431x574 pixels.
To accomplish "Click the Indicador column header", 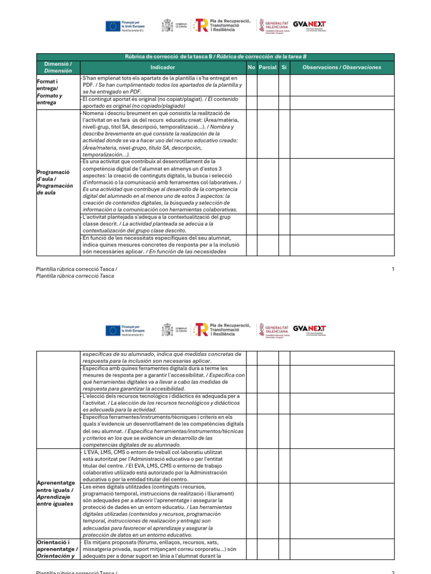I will [163, 67].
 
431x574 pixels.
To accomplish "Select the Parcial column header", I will [268, 67].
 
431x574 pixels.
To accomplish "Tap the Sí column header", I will [284, 67].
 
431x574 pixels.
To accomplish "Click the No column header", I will [251, 67].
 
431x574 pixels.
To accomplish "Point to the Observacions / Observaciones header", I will [342, 67].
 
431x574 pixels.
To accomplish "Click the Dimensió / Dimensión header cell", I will [58, 67].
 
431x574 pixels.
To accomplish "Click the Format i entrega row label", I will [47, 92].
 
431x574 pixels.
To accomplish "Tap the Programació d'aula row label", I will [54, 182].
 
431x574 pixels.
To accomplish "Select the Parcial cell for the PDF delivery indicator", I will [268, 85].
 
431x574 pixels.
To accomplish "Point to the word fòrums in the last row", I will [149, 543].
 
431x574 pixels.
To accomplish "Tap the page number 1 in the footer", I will [393, 269].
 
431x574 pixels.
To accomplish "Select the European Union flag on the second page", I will [113, 331].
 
